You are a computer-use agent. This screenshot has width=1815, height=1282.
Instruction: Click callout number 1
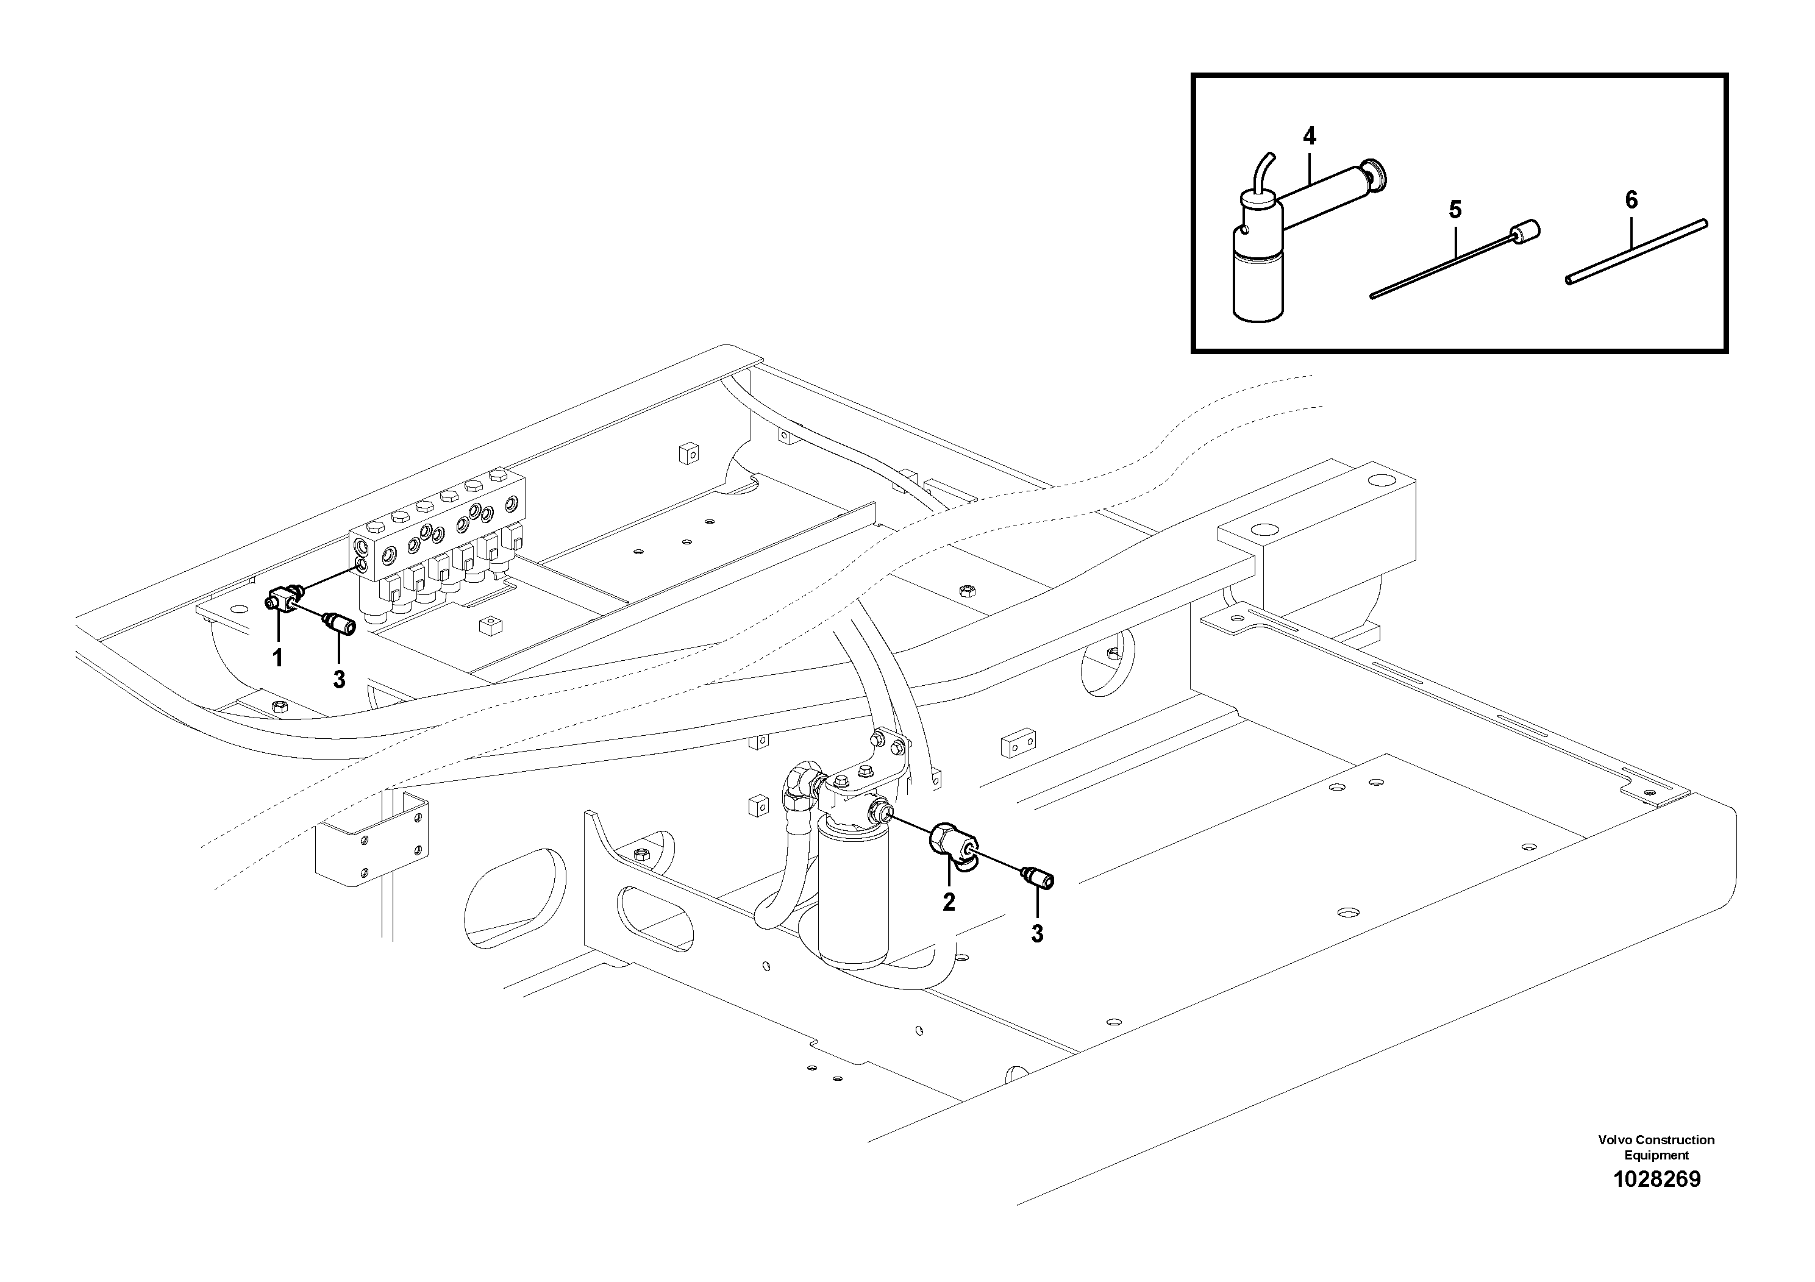[x=277, y=658]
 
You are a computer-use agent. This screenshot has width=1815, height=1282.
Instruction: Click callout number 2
[x=949, y=902]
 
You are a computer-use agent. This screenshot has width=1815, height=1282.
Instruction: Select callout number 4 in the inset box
[x=1309, y=137]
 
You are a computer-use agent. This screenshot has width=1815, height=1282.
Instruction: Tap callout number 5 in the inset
[x=1455, y=210]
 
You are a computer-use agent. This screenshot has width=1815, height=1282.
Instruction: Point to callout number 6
[x=1631, y=201]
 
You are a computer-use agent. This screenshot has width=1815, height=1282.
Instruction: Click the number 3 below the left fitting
[x=338, y=679]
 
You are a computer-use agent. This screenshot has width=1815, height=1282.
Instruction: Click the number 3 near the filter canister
[x=1037, y=935]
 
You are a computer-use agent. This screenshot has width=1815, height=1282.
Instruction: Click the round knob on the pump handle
[x=1376, y=175]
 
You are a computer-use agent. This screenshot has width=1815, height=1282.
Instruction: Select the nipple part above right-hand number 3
[x=1038, y=877]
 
